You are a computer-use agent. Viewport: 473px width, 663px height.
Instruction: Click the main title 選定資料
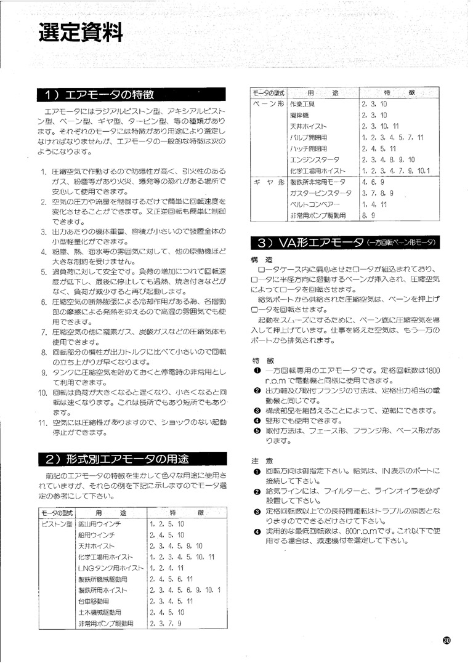point(81,31)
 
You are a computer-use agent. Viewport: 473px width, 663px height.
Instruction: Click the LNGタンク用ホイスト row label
point(106,568)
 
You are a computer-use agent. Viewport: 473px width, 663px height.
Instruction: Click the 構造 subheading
point(258,259)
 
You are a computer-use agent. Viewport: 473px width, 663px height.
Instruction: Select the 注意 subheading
point(258,460)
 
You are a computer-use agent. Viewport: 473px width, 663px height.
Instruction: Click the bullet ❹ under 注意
point(256,531)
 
